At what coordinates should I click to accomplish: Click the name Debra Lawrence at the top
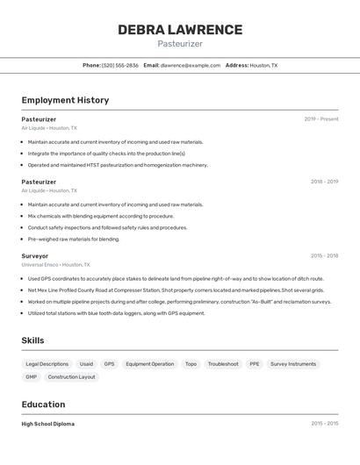point(180,30)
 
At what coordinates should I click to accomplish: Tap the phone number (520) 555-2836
point(119,65)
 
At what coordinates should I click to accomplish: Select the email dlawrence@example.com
point(191,65)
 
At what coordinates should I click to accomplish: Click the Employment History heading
point(65,100)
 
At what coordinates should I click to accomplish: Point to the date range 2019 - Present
point(321,119)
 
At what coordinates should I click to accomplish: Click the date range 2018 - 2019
point(324,182)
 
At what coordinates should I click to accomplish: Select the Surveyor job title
point(35,256)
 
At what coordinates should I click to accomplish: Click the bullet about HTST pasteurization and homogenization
point(118,165)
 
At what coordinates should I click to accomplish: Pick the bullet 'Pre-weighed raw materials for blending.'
point(74,239)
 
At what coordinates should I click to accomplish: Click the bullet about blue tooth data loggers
point(116,313)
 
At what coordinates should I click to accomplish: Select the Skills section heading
point(33,340)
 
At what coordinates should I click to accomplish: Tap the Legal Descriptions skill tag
point(47,364)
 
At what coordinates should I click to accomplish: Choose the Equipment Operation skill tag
point(150,364)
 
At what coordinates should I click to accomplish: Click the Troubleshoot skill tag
point(223,364)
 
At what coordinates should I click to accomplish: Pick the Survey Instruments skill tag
point(293,364)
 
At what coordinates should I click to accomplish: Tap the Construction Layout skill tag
point(72,377)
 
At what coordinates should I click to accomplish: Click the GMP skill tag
point(32,377)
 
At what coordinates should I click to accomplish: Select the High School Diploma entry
point(48,424)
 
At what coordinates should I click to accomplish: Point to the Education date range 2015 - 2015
point(324,424)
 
